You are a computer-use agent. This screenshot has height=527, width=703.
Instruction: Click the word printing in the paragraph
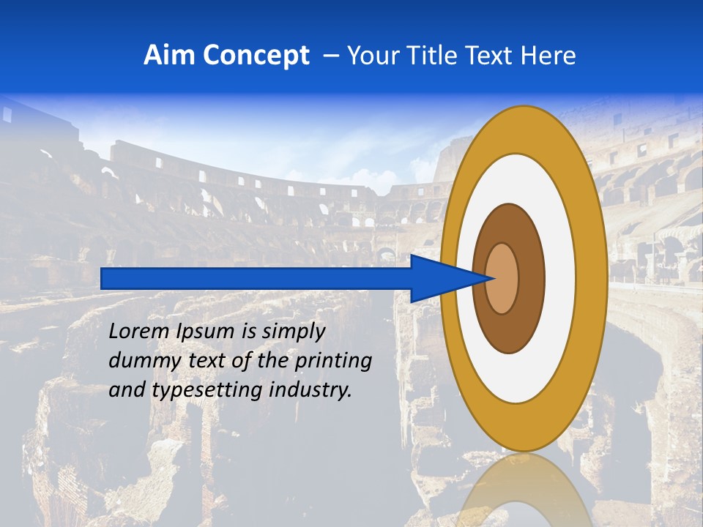332,361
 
